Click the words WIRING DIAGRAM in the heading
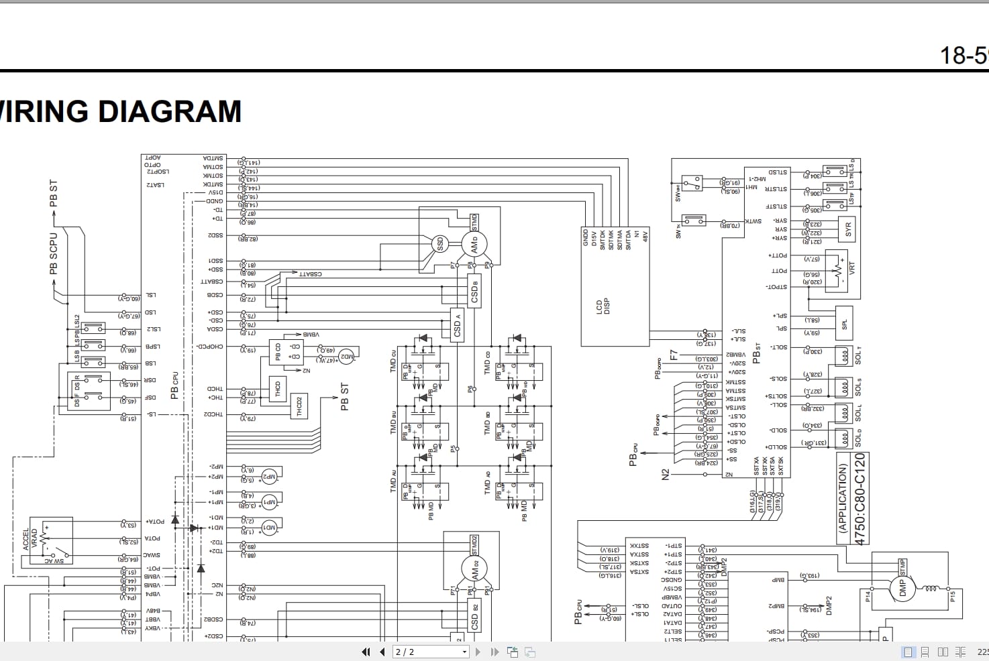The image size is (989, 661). (121, 111)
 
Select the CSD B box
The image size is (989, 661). (474, 291)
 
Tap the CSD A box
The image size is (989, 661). (457, 325)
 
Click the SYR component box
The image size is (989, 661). (847, 229)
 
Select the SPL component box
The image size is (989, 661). (844, 324)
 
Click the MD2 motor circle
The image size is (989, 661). (346, 356)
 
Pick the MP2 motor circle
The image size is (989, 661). (268, 477)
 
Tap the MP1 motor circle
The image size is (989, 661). (268, 501)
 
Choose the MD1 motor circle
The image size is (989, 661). (268, 527)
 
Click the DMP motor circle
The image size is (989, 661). (902, 588)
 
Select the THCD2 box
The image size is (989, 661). (299, 406)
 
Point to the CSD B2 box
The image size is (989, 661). (474, 617)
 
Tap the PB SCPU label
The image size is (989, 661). (54, 253)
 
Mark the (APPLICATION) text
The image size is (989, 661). (843, 497)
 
